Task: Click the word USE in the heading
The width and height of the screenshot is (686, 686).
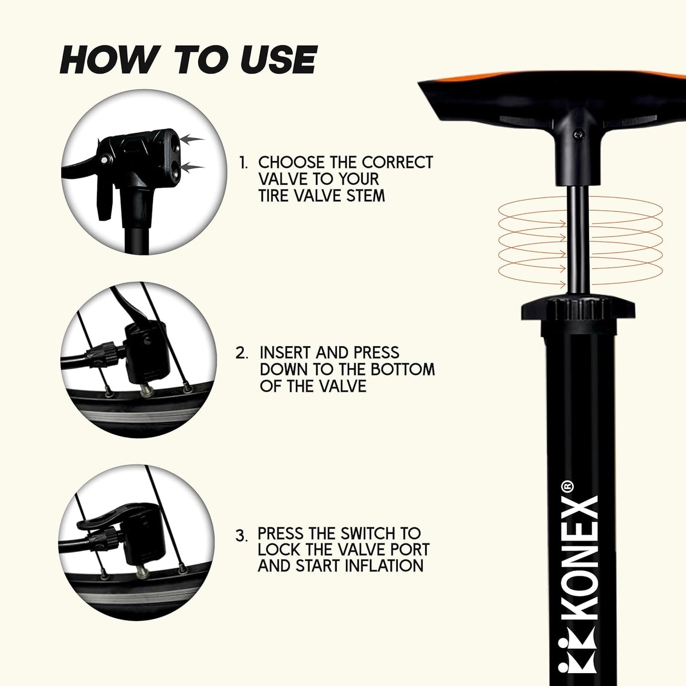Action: (278, 59)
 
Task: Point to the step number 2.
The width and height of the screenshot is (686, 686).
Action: (241, 353)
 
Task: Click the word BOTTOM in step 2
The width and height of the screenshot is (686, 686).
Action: (402, 369)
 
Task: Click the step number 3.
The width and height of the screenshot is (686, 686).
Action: (241, 546)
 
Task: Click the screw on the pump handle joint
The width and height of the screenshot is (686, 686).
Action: (578, 134)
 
